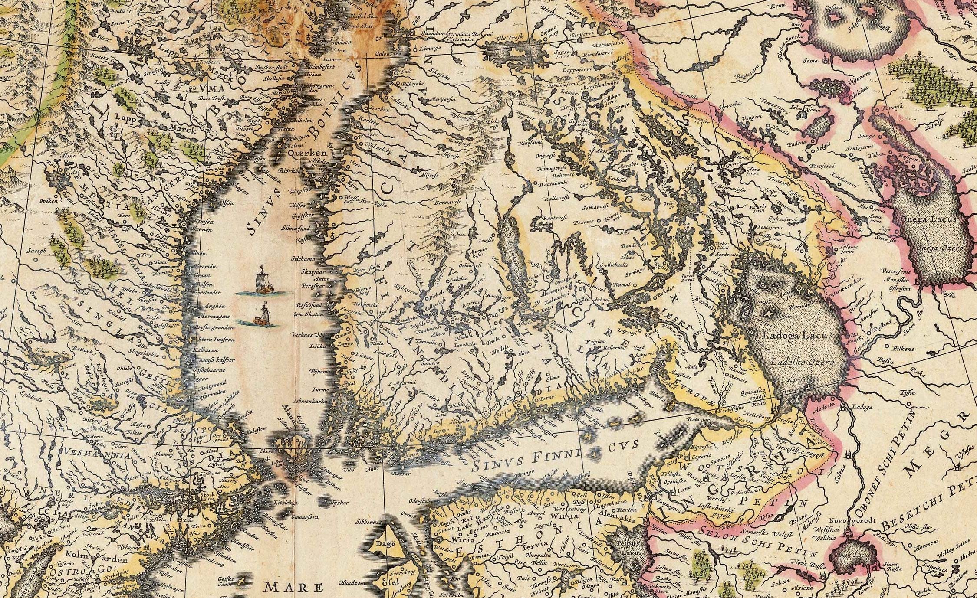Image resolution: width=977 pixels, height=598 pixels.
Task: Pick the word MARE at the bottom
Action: click(295, 588)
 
